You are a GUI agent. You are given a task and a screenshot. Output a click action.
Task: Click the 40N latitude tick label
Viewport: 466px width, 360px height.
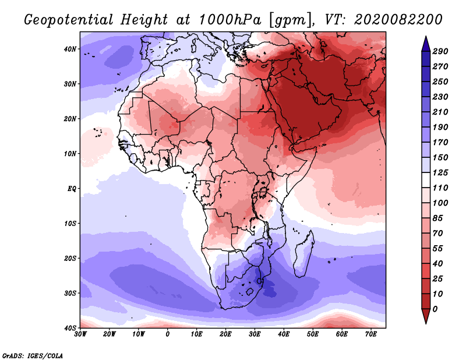(x=70, y=49)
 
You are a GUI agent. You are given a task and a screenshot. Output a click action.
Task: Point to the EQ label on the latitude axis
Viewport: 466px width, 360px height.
(x=72, y=189)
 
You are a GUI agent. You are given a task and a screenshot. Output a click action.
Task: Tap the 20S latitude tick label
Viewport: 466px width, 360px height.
(x=70, y=258)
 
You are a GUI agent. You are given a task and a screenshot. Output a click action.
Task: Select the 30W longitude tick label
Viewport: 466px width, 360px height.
(x=81, y=334)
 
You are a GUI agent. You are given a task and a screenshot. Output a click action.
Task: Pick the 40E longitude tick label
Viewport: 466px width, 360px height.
(x=284, y=334)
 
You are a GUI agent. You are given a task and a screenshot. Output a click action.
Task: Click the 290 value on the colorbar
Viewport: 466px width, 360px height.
(x=440, y=51)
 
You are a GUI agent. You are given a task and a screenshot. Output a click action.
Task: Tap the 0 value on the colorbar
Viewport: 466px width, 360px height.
(x=435, y=308)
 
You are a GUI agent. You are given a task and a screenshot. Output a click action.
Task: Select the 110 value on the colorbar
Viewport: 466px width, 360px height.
(x=440, y=188)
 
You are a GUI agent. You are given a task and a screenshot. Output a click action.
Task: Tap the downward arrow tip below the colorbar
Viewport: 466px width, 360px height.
(x=425, y=321)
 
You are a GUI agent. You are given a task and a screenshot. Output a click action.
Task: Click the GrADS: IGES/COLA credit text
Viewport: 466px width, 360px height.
(x=32, y=354)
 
